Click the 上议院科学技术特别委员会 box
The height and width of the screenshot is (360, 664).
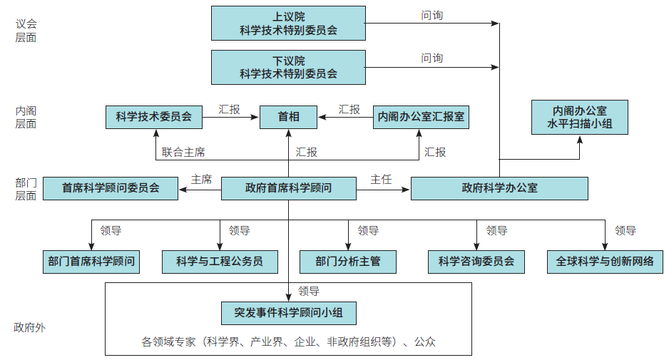click(x=288, y=23)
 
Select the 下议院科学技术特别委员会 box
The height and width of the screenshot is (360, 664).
click(x=288, y=67)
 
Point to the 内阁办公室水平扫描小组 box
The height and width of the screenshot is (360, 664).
click(x=579, y=118)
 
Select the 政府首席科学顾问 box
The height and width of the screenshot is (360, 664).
click(x=288, y=188)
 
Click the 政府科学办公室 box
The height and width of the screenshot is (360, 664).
click(x=499, y=188)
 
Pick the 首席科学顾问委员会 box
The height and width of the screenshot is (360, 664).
click(x=111, y=188)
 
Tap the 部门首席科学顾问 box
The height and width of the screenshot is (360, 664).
click(x=91, y=261)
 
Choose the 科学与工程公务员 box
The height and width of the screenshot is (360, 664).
click(x=220, y=261)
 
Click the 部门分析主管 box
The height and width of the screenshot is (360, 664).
click(x=348, y=261)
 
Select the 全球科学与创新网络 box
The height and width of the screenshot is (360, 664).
click(x=605, y=261)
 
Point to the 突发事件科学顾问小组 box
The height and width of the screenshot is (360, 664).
click(x=288, y=312)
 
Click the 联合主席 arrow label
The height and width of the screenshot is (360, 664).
click(x=183, y=152)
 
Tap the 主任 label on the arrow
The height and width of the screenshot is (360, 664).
click(x=381, y=180)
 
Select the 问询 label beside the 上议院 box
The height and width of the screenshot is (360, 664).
click(x=431, y=15)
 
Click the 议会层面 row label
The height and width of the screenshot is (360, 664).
click(x=26, y=31)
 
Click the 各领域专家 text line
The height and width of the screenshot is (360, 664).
click(x=288, y=341)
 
